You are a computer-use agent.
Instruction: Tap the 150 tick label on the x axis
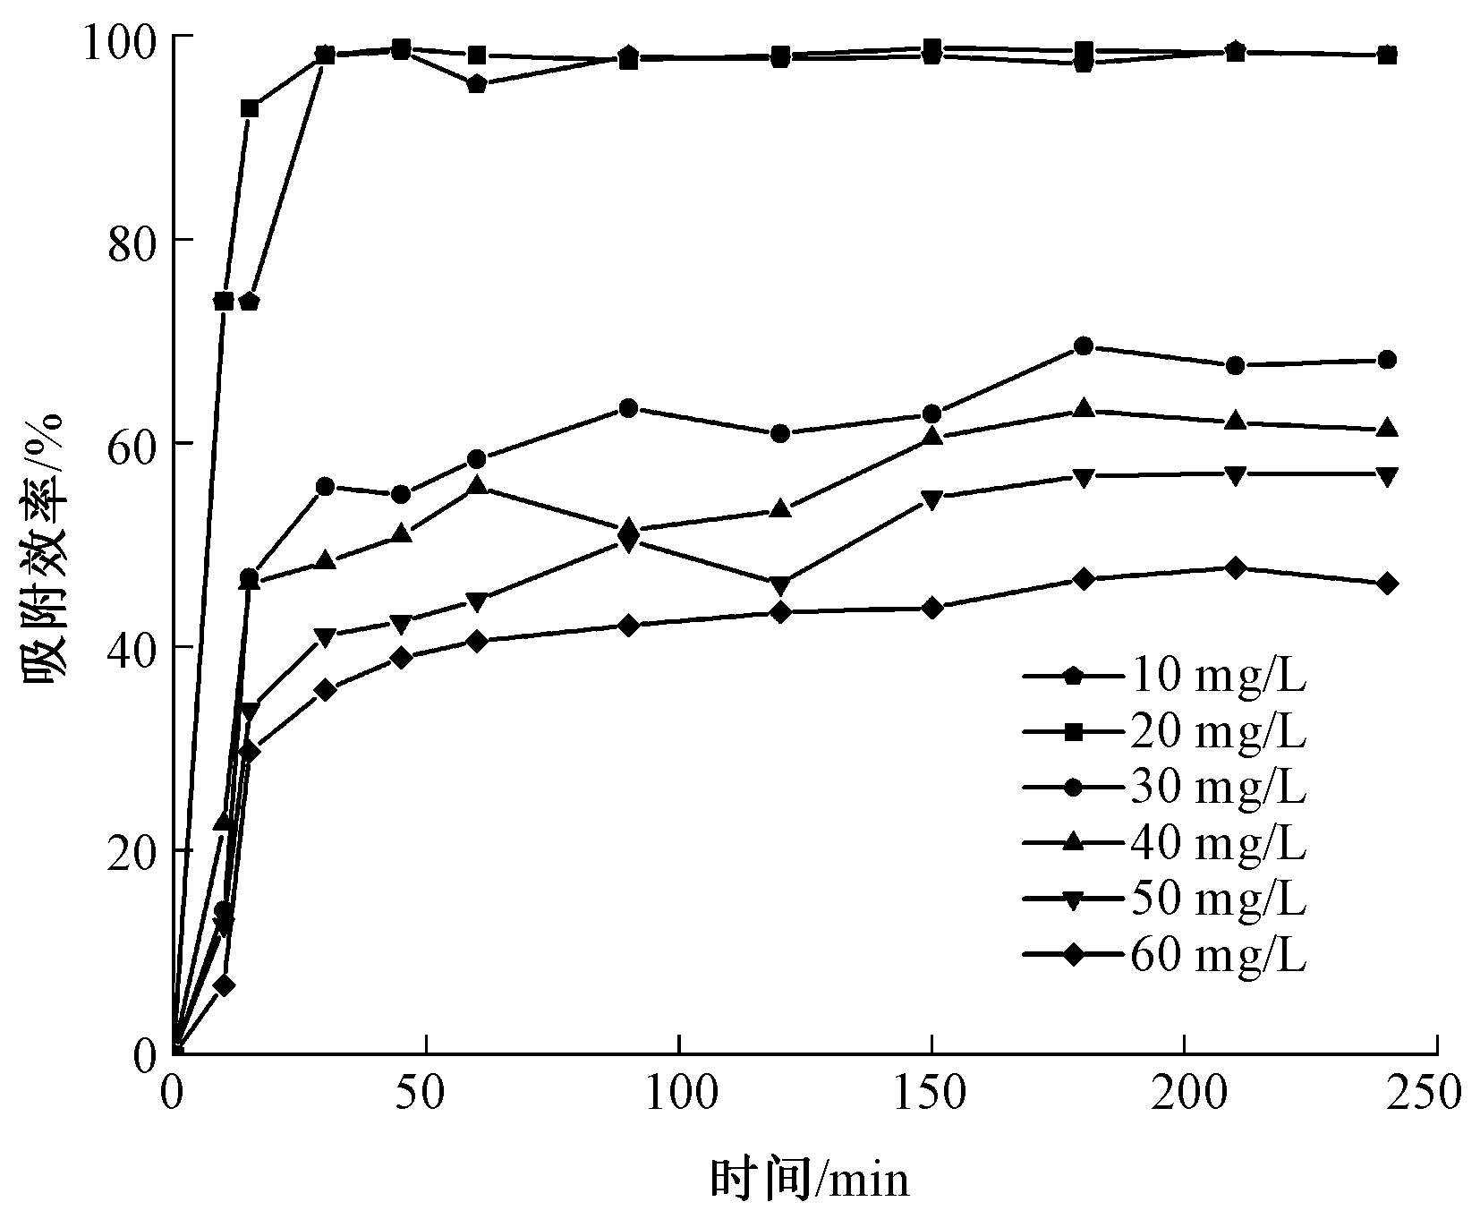click(931, 1093)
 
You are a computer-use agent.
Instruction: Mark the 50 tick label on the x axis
click(426, 1093)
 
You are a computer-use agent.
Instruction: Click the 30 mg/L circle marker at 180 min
click(1083, 346)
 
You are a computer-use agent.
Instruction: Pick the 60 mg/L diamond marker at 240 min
click(1386, 584)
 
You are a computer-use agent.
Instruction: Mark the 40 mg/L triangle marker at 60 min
click(477, 486)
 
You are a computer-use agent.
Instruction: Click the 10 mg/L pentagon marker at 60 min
click(477, 85)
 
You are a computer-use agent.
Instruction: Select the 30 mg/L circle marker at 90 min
click(628, 408)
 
